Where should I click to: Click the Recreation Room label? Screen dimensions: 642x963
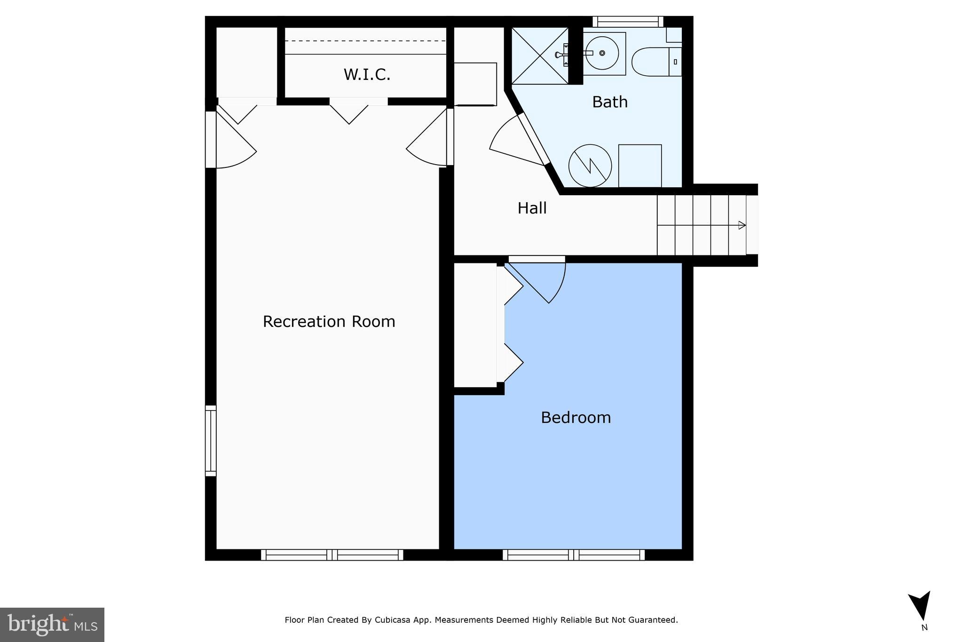pos(329,322)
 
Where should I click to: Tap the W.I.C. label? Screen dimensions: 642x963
pos(367,75)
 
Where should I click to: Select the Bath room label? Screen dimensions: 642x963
pos(610,102)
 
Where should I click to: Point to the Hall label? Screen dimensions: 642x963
pos(532,208)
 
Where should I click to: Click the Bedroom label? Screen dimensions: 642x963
pos(576,418)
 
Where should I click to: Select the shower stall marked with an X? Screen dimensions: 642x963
pos(540,56)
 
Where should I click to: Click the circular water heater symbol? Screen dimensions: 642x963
pos(590,166)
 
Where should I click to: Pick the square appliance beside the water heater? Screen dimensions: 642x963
pos(640,166)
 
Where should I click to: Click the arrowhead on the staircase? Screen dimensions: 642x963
pos(742,225)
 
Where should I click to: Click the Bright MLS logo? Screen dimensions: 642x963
pos(52,625)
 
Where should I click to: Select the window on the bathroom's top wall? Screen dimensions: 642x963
pos(628,22)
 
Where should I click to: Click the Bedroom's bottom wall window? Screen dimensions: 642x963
pos(574,555)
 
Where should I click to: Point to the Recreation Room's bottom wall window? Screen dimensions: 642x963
pos(332,555)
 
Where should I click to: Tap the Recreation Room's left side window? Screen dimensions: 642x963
pos(211,441)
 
